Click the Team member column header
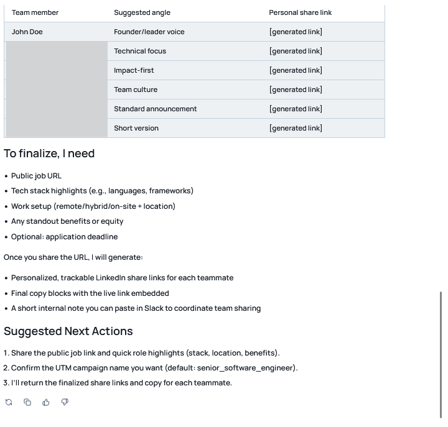click(x=35, y=12)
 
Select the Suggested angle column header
click(x=142, y=12)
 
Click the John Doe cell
click(x=27, y=32)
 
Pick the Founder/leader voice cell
click(x=149, y=32)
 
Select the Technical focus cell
click(x=140, y=51)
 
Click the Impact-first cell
click(x=134, y=70)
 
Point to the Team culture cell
click(x=136, y=90)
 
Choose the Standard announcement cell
click(x=155, y=109)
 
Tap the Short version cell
click(x=136, y=128)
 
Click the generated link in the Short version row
click(x=296, y=128)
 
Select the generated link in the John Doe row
click(x=296, y=32)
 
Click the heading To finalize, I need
click(x=49, y=154)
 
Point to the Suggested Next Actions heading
click(x=68, y=331)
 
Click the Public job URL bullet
click(x=36, y=176)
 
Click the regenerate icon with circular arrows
click(x=9, y=402)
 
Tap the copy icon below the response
click(x=27, y=402)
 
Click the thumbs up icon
click(x=46, y=402)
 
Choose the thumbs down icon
click(x=65, y=402)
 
